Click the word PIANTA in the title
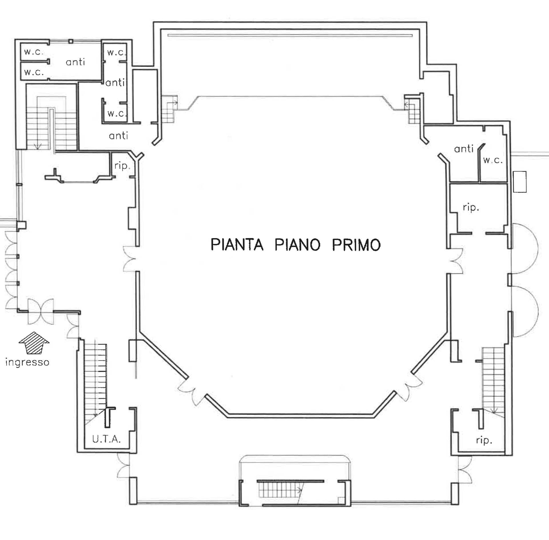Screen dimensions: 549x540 tap(237, 245)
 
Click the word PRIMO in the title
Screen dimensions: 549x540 tap(356, 245)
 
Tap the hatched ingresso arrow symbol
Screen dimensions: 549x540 tap(34, 343)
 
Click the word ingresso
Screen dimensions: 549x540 tap(27, 362)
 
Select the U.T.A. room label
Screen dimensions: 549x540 tap(106, 439)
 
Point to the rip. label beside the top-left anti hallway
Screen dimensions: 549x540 tap(122, 166)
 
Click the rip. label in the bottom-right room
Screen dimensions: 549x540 tap(484, 440)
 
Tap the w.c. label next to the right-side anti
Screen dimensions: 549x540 tap(493, 160)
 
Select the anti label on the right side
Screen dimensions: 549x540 tap(464, 149)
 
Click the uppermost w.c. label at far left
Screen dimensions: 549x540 tap(34, 52)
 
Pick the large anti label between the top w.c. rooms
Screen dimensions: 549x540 tap(75, 62)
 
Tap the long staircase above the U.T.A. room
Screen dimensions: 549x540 tap(96, 380)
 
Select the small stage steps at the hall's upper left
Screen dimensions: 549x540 tap(169, 109)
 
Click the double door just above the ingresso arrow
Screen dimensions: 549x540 tap(41, 312)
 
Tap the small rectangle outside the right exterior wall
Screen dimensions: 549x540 tap(520, 182)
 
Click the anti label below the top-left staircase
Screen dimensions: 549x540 tap(118, 136)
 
